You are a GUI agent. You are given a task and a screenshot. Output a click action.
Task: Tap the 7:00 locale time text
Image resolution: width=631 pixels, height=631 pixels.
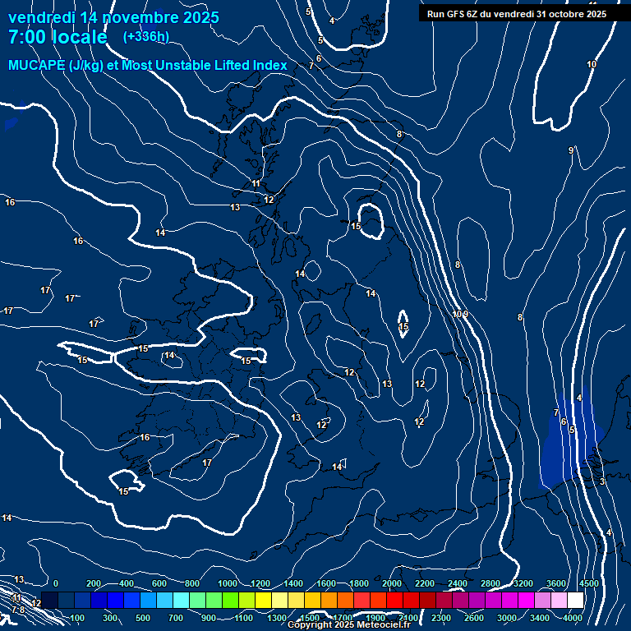pyautogui.click(x=58, y=37)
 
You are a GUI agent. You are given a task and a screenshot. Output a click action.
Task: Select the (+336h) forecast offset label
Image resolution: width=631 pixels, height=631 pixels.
pyautogui.click(x=146, y=37)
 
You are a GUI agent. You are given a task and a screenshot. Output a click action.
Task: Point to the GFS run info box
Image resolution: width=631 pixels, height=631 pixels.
pyautogui.click(x=516, y=14)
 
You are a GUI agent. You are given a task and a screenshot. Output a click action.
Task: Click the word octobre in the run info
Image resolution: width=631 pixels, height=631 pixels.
pyautogui.click(x=564, y=14)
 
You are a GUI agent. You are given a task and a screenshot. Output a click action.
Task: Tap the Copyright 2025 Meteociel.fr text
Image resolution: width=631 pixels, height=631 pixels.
pyautogui.click(x=348, y=625)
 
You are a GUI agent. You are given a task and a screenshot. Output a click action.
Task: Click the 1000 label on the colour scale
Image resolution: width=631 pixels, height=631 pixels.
pyautogui.click(x=228, y=583)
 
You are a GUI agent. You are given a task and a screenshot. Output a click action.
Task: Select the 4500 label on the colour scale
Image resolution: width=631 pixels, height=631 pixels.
pyautogui.click(x=589, y=583)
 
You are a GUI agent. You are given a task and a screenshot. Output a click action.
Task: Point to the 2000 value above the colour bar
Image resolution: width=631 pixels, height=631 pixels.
pyautogui.click(x=392, y=583)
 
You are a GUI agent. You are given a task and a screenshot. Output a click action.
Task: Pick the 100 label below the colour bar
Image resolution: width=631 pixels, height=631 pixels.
pyautogui.click(x=79, y=618)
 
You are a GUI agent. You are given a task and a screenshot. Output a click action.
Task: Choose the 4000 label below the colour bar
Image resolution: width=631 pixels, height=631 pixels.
pyautogui.click(x=573, y=618)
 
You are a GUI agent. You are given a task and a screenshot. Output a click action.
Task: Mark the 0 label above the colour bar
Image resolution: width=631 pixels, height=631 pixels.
pyautogui.click(x=56, y=583)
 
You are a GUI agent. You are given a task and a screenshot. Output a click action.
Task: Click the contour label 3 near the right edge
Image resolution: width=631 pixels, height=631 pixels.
pyautogui.click(x=601, y=481)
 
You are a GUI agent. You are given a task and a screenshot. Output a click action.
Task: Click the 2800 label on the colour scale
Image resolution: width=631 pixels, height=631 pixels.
pyautogui.click(x=491, y=583)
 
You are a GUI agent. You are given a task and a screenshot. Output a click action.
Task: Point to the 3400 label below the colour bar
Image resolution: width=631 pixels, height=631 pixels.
pyautogui.click(x=540, y=618)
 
